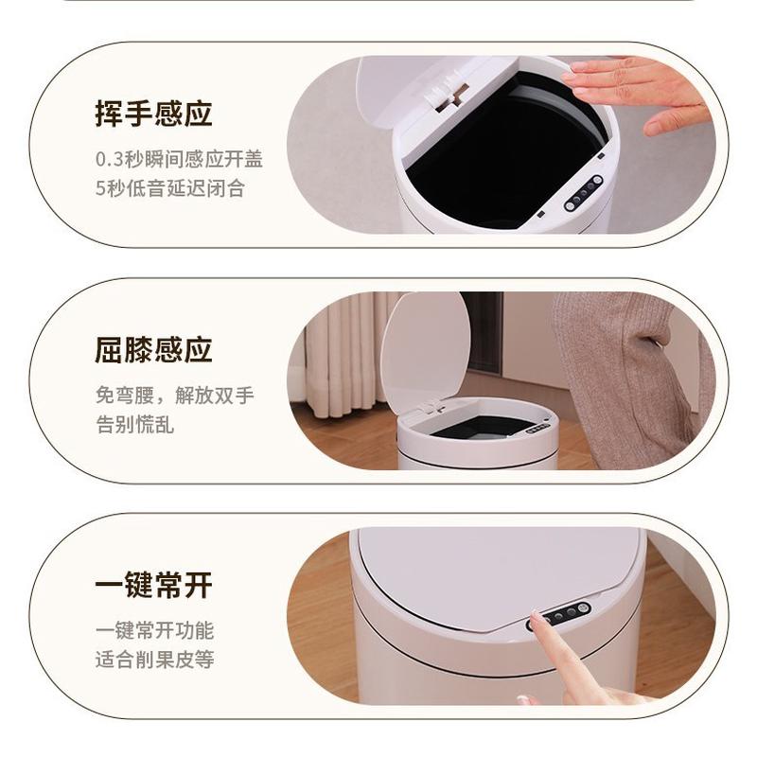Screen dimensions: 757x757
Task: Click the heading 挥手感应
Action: (x=153, y=114)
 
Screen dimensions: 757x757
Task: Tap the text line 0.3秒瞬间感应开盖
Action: (x=179, y=159)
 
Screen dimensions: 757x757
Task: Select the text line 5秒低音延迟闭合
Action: (x=169, y=187)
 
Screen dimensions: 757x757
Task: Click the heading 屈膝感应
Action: (x=153, y=349)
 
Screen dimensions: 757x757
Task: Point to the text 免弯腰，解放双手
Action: (x=174, y=395)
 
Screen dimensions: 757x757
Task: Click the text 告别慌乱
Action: (x=134, y=424)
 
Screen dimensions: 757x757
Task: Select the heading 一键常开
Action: (x=153, y=585)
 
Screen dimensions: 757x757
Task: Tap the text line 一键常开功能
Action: (x=154, y=630)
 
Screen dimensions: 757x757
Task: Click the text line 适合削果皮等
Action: (x=154, y=659)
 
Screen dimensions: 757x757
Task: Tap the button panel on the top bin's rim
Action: (x=584, y=193)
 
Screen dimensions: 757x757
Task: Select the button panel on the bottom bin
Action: (x=562, y=615)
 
